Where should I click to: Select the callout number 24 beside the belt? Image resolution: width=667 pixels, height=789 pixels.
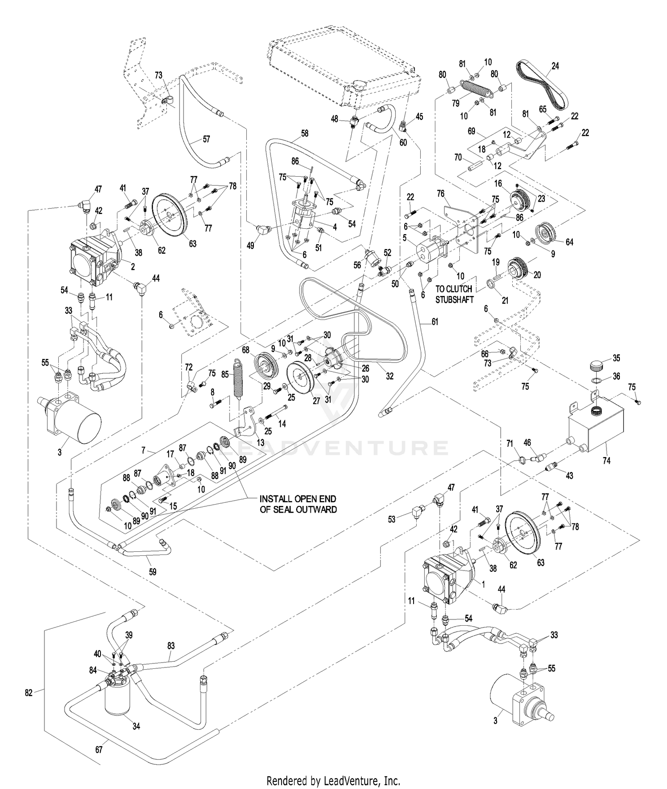555,66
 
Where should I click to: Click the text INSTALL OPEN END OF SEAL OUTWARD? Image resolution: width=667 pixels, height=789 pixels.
298,504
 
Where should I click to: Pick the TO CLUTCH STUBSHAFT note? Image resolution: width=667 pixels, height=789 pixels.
454,294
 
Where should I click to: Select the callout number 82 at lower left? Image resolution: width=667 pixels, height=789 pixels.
29,692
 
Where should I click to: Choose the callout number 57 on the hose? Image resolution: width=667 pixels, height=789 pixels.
206,139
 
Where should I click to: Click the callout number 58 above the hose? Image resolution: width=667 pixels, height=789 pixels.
304,133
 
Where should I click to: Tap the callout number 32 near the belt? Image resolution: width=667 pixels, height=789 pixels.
390,376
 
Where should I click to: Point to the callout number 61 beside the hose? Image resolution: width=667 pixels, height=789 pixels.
434,321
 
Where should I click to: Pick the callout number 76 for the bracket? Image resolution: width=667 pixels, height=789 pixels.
440,194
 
